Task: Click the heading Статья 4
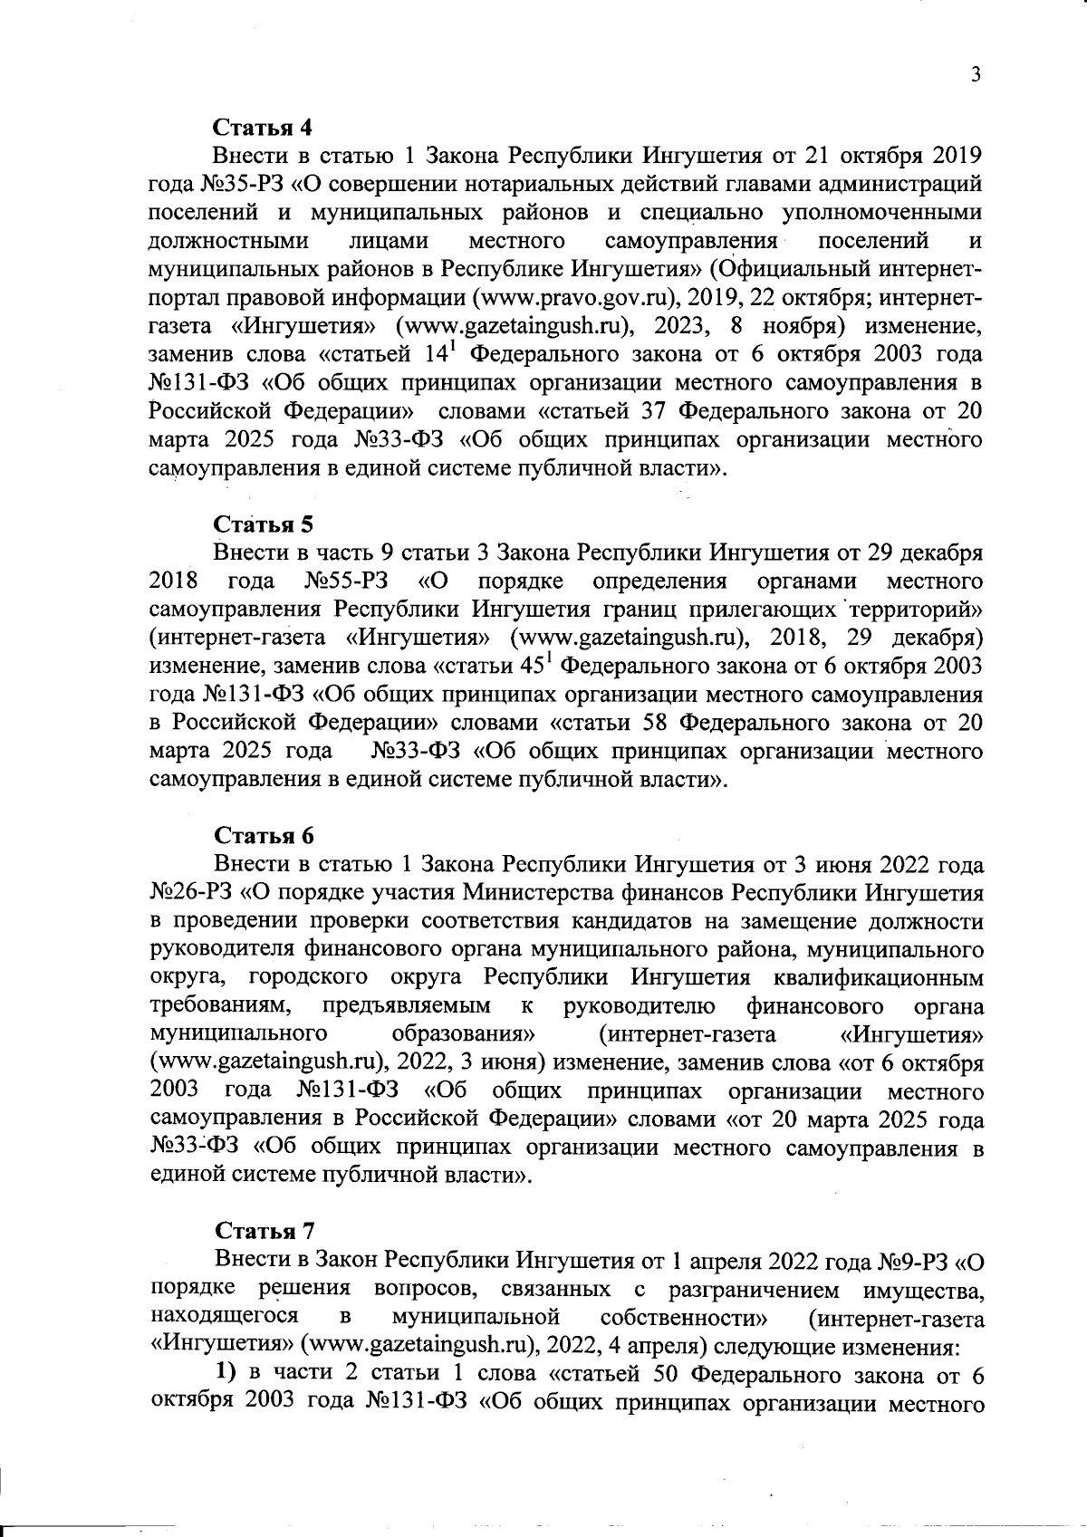pyautogui.click(x=264, y=126)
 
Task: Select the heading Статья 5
pyautogui.click(x=264, y=524)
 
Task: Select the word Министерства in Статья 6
pyautogui.click(x=545, y=894)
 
